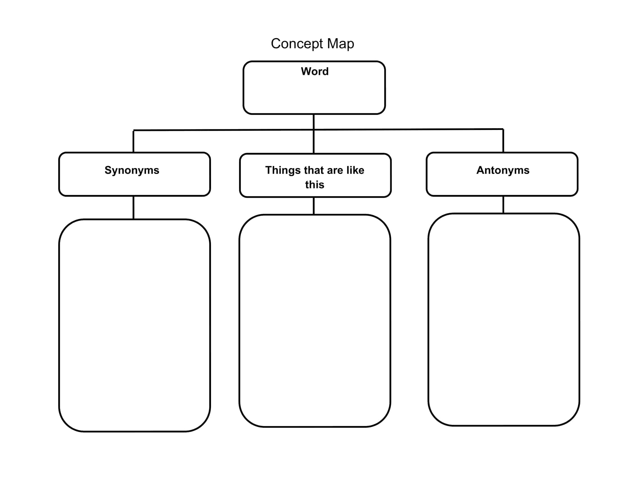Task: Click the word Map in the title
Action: (x=340, y=44)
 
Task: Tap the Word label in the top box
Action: (x=315, y=71)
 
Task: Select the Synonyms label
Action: (x=132, y=170)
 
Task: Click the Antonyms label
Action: (x=503, y=170)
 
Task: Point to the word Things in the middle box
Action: (x=283, y=170)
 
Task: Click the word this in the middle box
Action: (x=315, y=185)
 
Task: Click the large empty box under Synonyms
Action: (x=134, y=325)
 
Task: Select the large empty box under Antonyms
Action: (x=504, y=320)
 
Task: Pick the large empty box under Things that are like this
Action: (x=315, y=321)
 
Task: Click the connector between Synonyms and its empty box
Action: (x=133, y=207)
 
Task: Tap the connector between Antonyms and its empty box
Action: (x=503, y=205)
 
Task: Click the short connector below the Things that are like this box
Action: (x=313, y=206)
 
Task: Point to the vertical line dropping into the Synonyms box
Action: (x=133, y=141)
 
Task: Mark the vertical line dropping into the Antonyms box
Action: (x=503, y=141)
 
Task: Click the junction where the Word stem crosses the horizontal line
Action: (x=313, y=130)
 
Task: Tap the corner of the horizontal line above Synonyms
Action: (x=133, y=130)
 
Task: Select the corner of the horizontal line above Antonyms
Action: (x=503, y=129)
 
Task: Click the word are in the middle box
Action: (x=335, y=170)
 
